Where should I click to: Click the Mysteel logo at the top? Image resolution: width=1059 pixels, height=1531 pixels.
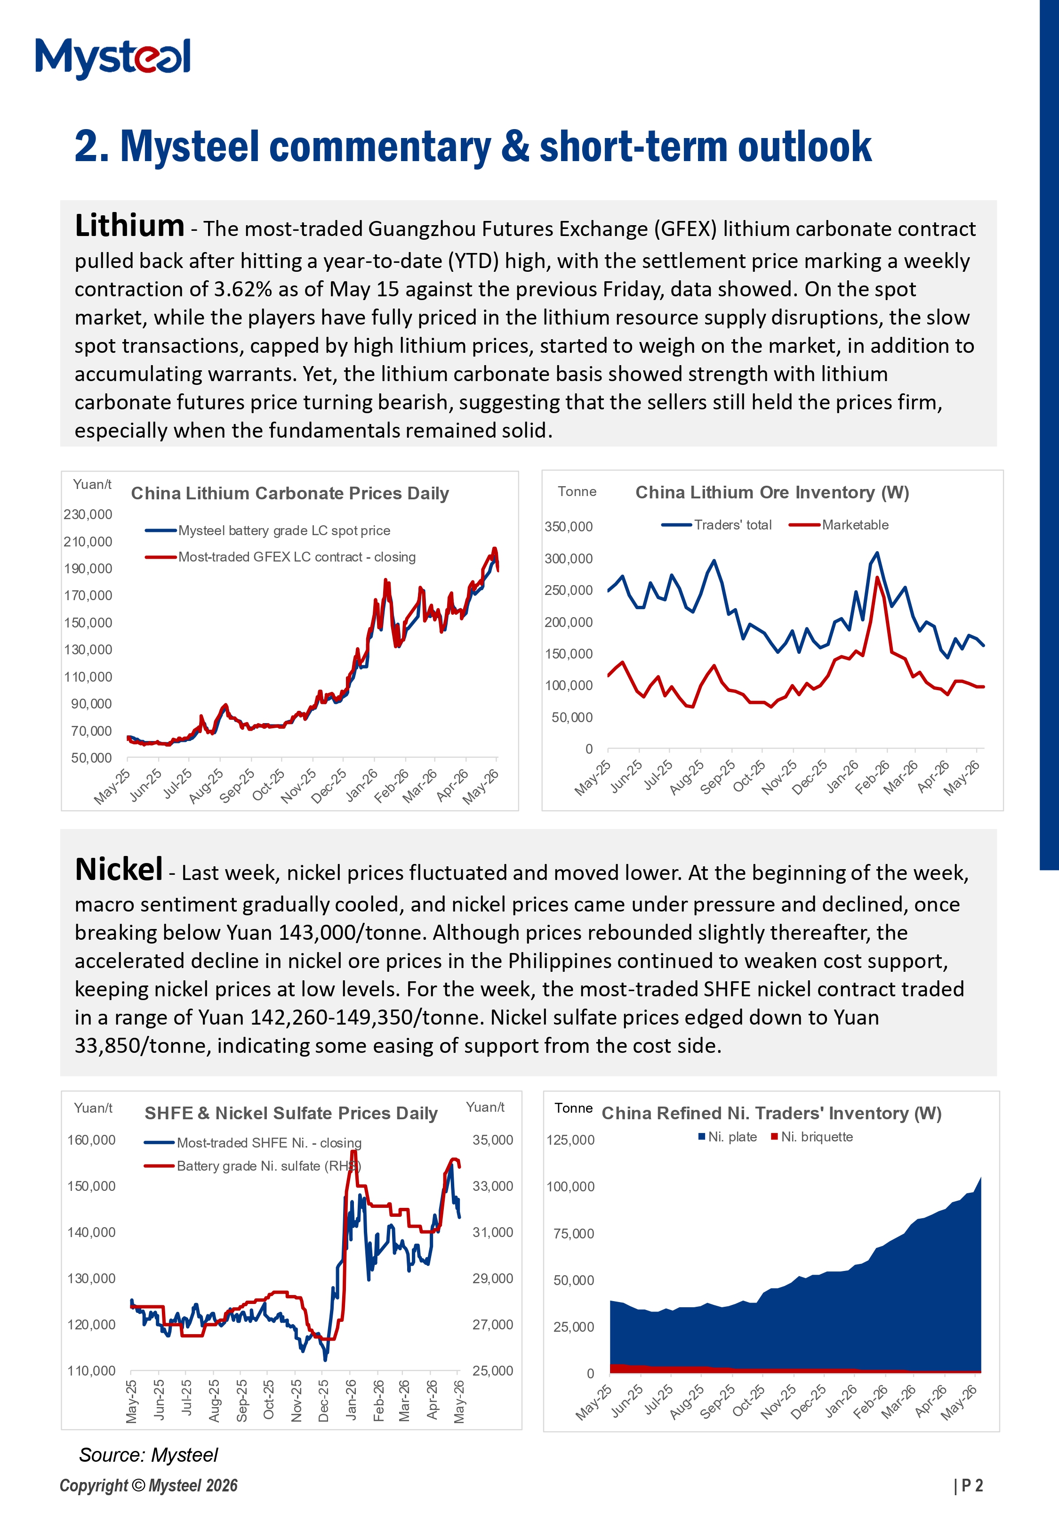(x=113, y=58)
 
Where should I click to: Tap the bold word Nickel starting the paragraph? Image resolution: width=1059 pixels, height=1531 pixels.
(x=119, y=869)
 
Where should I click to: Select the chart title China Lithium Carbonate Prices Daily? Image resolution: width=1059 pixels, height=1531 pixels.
(x=290, y=493)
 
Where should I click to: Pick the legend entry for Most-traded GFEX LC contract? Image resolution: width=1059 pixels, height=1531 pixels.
(x=280, y=557)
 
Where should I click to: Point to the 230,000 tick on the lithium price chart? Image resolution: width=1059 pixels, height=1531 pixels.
(x=88, y=514)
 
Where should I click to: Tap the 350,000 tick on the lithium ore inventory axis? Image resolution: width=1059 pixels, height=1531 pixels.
(x=569, y=527)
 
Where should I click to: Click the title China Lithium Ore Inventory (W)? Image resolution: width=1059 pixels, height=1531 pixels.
(x=772, y=493)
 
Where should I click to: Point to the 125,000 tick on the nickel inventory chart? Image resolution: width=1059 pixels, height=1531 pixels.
(x=570, y=1140)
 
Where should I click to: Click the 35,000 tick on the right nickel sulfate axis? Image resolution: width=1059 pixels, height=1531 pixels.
(x=493, y=1140)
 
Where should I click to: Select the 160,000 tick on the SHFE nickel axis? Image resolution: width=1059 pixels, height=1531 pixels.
(x=92, y=1140)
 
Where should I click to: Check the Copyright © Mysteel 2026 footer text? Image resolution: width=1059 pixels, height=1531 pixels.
(x=149, y=1486)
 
